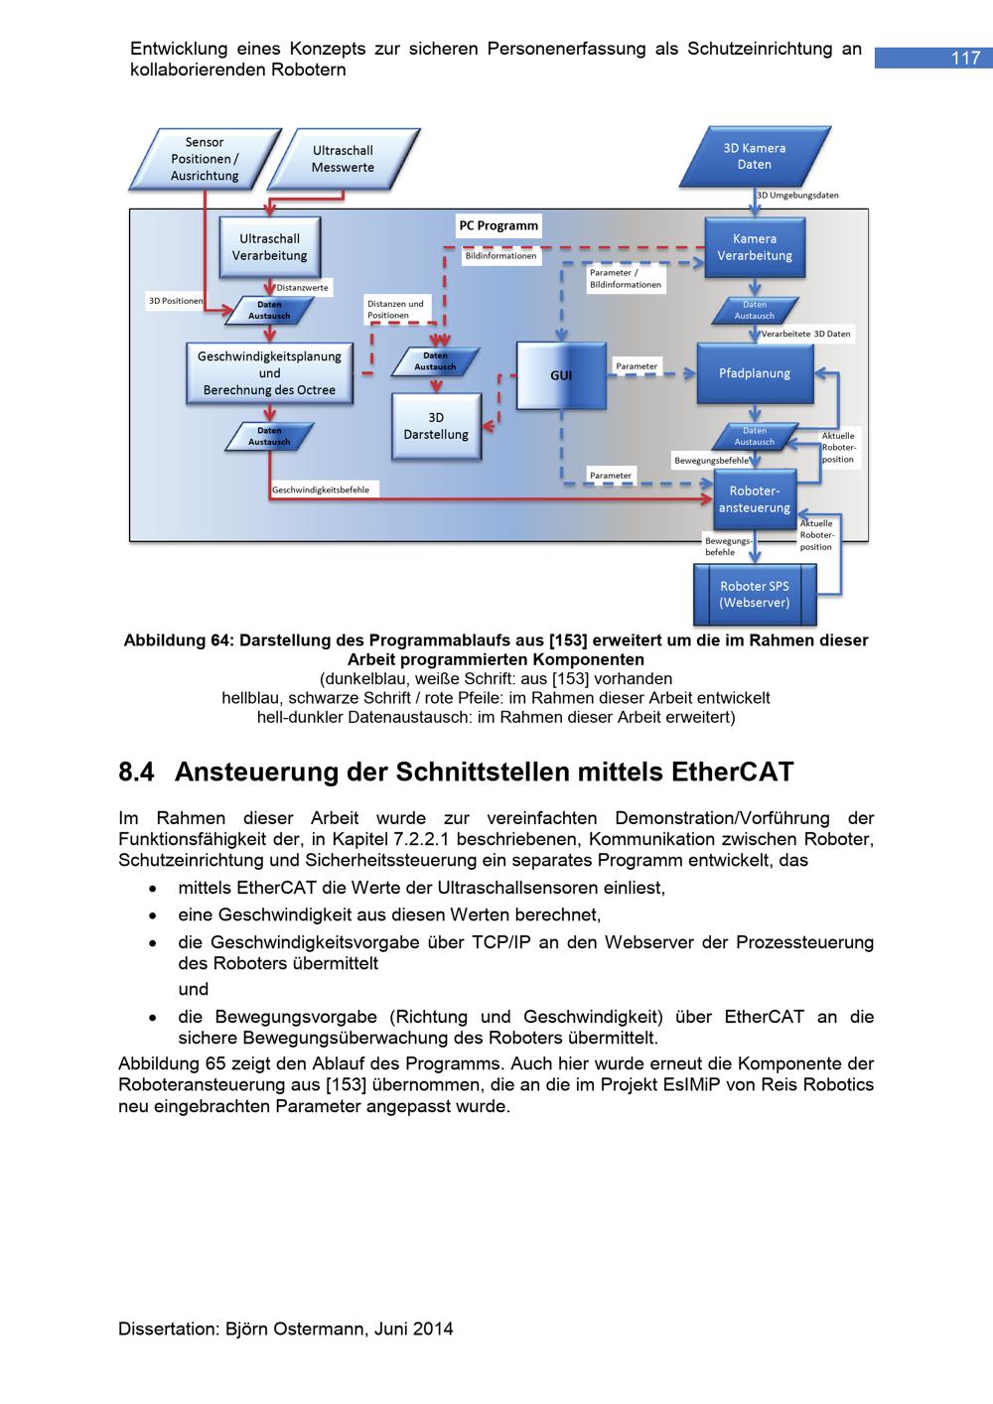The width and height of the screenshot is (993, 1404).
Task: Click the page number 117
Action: pyautogui.click(x=965, y=59)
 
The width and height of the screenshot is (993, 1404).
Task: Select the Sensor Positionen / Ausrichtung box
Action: pyautogui.click(x=205, y=159)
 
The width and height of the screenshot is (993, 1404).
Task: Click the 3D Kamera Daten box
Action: pyautogui.click(x=755, y=157)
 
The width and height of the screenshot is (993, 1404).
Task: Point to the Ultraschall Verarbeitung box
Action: pyautogui.click(x=269, y=247)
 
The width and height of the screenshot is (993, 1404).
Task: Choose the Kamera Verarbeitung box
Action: pyautogui.click(x=755, y=247)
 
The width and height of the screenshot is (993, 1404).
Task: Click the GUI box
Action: pyautogui.click(x=561, y=375)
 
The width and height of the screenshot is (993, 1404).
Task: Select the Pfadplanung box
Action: pyautogui.click(x=755, y=373)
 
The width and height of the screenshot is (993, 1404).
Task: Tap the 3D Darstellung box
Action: pyautogui.click(x=436, y=426)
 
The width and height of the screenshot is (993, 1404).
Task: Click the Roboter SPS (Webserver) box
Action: pyautogui.click(x=755, y=594)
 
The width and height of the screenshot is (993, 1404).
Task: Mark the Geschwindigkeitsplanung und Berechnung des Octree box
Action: pyautogui.click(x=269, y=373)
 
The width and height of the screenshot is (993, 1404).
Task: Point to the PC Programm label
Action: pyautogui.click(x=498, y=225)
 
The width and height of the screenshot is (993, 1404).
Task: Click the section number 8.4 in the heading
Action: pyautogui.click(x=138, y=772)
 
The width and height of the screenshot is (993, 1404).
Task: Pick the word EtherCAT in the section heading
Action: pyautogui.click(x=733, y=772)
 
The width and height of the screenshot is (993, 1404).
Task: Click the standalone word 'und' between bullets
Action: pyautogui.click(x=193, y=989)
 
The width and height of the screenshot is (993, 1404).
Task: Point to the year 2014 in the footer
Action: pyautogui.click(x=433, y=1329)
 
